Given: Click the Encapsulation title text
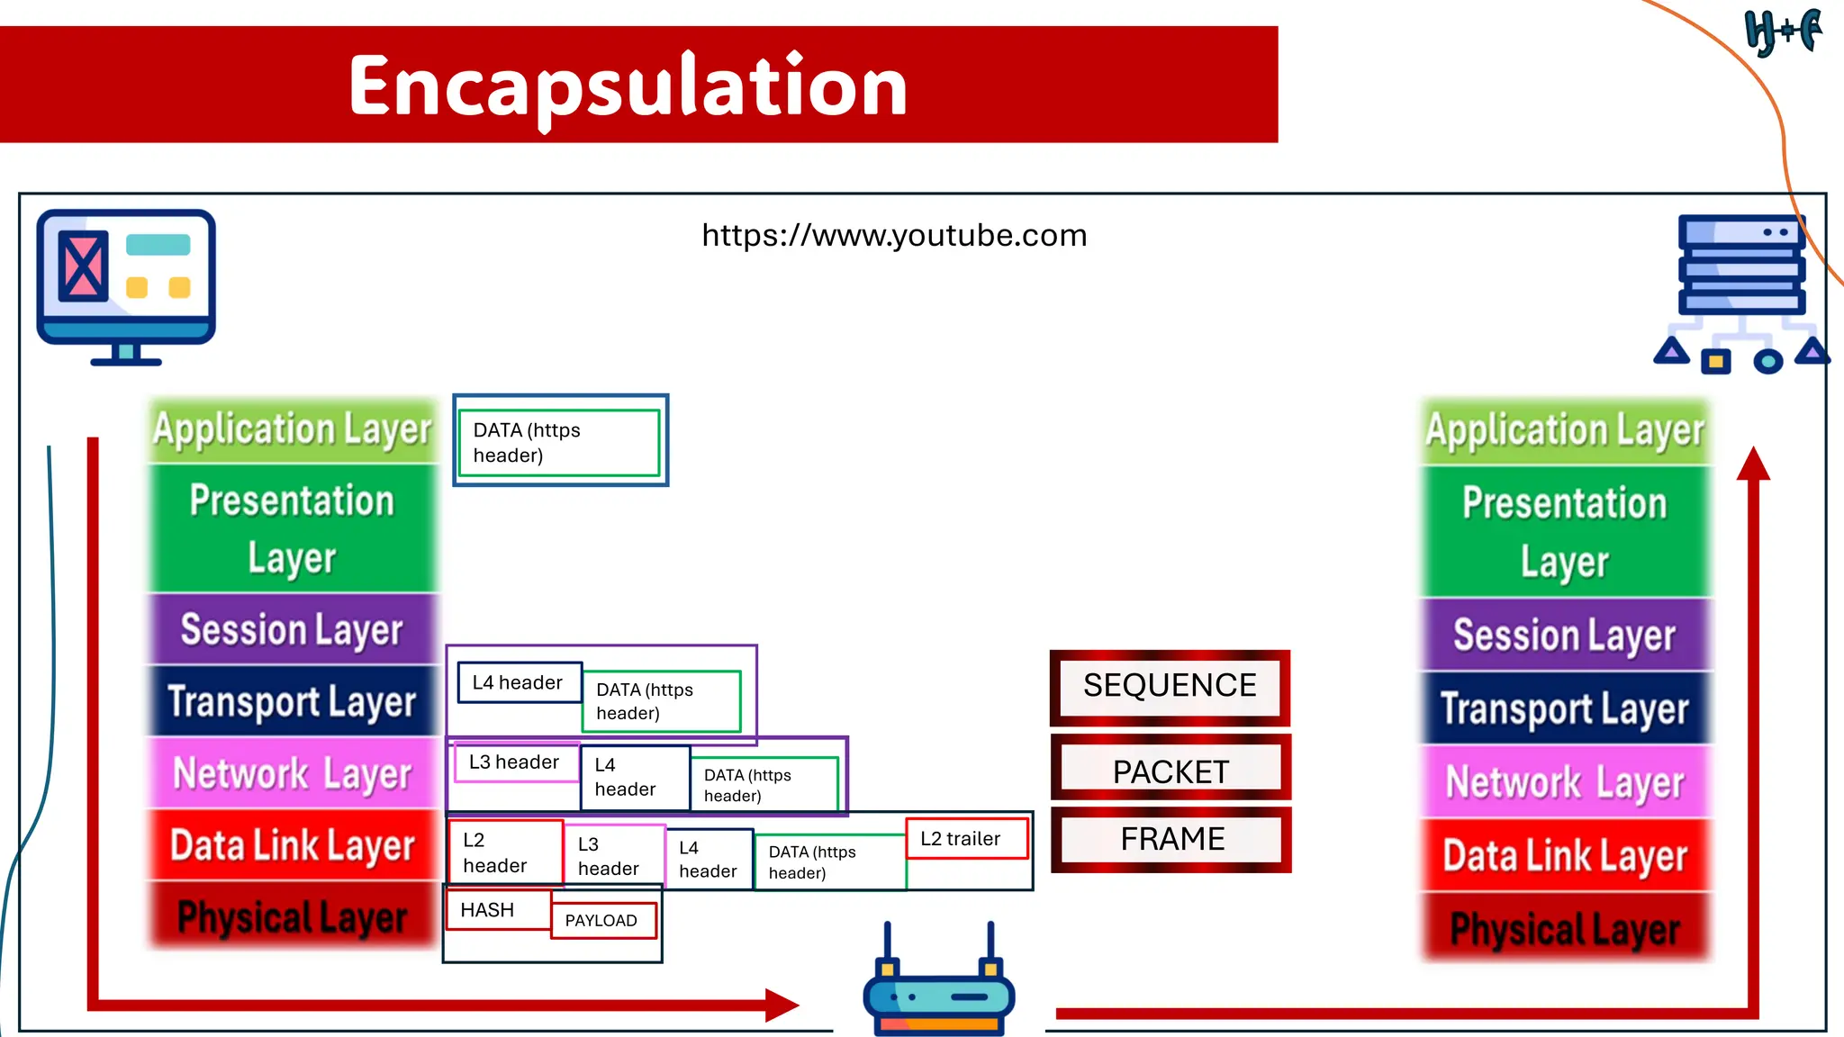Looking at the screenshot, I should coord(628,86).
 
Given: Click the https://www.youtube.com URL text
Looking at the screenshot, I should coord(894,236).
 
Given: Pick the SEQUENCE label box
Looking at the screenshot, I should coord(1170,687).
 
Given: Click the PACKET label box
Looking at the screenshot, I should coord(1171,771).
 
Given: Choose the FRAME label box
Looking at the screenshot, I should coord(1171,839).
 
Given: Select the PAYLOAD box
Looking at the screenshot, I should coord(602,921).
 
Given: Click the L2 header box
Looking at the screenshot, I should coord(505,852).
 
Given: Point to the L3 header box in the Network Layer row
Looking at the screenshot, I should coord(515,762).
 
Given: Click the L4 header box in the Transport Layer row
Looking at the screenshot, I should coord(519,683).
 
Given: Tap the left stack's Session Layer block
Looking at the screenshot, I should coord(292,629).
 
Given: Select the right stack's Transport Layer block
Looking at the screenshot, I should coord(1565,708).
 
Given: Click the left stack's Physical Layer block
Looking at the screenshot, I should coord(292,916).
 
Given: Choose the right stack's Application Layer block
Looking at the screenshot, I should coord(1565,430).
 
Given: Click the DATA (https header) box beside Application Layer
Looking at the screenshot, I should coord(559,442).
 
